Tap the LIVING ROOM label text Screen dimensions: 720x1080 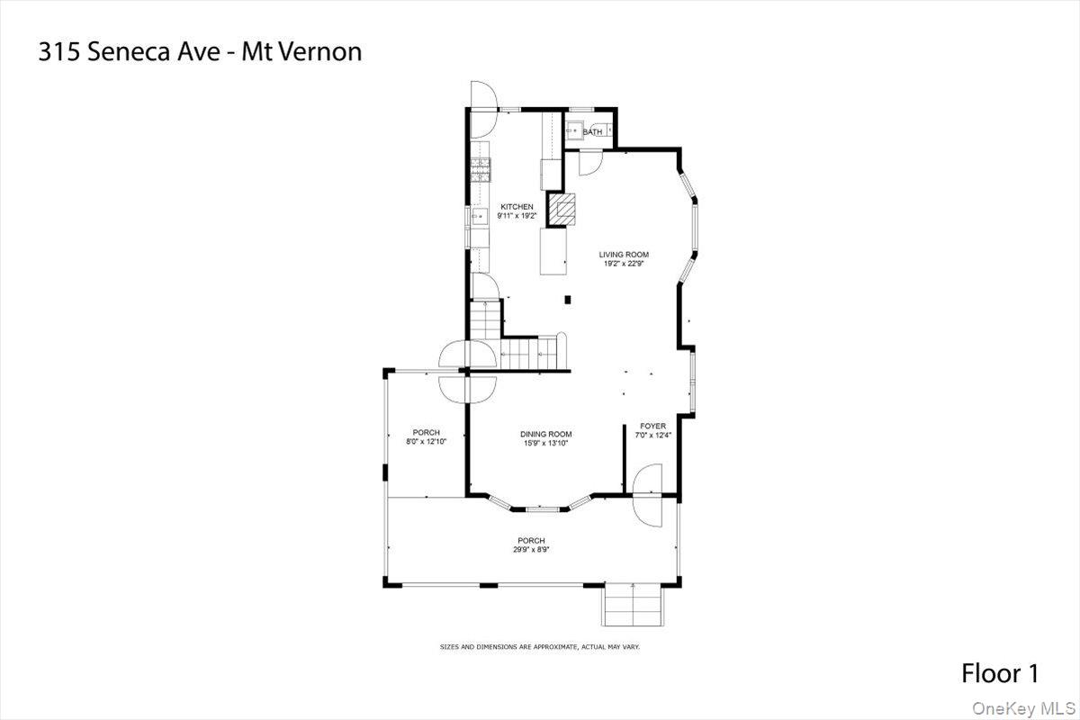[x=624, y=255]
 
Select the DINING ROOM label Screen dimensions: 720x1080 [x=545, y=435]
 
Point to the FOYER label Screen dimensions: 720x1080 [x=652, y=426]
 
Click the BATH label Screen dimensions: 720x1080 [x=592, y=132]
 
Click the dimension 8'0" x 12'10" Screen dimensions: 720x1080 [x=426, y=442]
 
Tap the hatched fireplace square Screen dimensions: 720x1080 [x=565, y=211]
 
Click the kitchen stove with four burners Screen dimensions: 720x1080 [x=479, y=167]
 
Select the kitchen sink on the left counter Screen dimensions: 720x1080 [x=479, y=216]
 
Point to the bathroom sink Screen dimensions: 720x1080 [x=573, y=131]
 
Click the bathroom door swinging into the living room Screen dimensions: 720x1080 [x=589, y=162]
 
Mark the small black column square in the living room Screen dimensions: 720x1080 [x=567, y=300]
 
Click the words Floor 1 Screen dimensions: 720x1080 [x=1000, y=672]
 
